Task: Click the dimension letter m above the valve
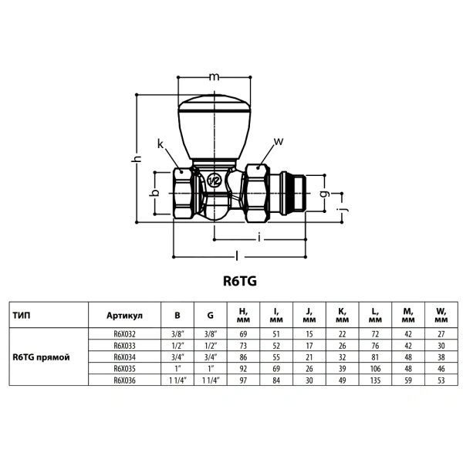pos(214,76)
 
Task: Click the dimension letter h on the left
pos(137,158)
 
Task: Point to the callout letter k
pos(161,144)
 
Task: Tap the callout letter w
pos(279,141)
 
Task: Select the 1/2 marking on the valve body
pos(214,181)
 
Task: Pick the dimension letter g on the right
pos(325,194)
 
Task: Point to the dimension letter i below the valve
pos(259,237)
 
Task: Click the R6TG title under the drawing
pos(240,281)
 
